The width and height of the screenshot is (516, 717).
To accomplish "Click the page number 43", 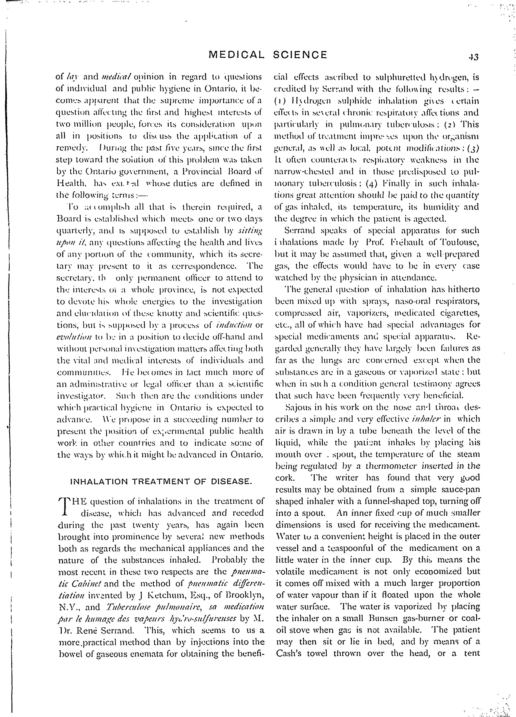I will tap(474, 57).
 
